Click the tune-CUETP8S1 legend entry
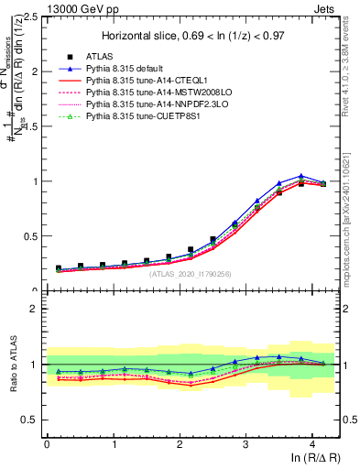[146, 117]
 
